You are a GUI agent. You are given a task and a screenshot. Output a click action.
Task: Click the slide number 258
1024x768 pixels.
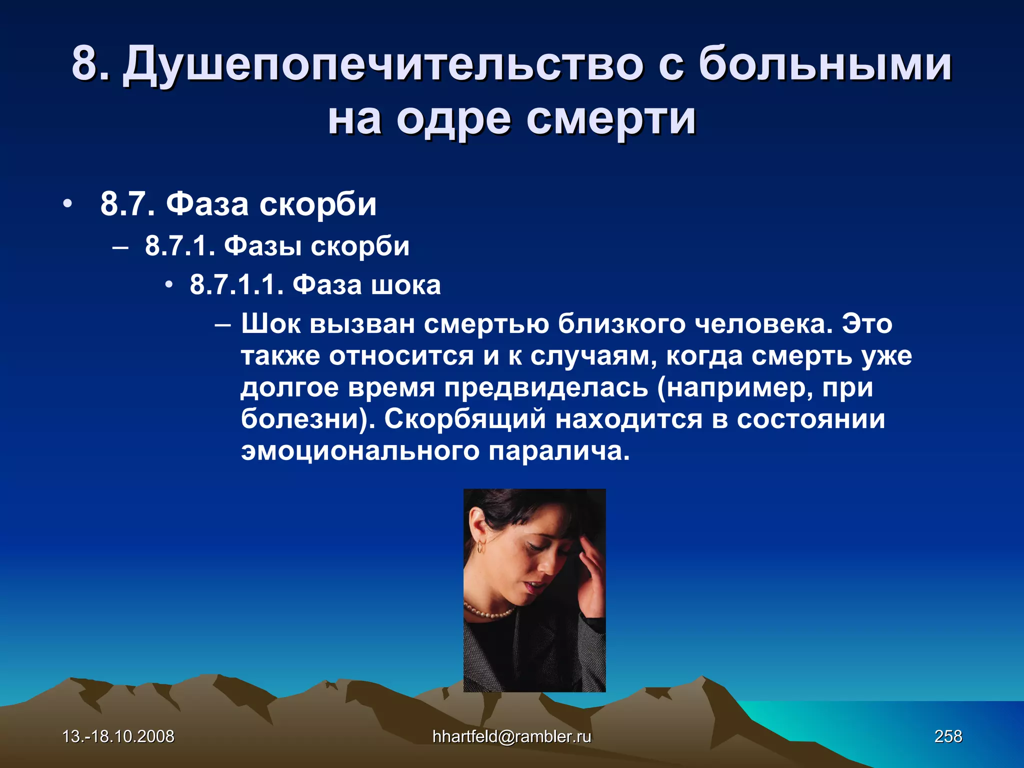pyautogui.click(x=948, y=736)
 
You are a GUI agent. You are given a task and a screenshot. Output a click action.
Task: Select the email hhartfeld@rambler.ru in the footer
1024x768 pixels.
pyautogui.click(x=511, y=736)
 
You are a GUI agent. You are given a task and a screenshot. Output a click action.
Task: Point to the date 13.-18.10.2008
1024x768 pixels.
pyautogui.click(x=118, y=736)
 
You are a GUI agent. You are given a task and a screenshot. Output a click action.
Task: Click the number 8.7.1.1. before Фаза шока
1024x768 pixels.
pyautogui.click(x=236, y=285)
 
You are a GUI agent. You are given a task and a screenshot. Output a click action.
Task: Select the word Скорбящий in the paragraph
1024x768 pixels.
pyautogui.click(x=464, y=419)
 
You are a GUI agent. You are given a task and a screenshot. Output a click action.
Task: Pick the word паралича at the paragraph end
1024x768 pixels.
pyautogui.click(x=558, y=451)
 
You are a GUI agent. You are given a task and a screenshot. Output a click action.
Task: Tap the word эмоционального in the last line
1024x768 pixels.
pyautogui.click(x=359, y=451)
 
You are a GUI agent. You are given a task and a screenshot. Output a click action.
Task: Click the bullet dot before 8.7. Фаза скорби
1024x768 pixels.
pyautogui.click(x=67, y=204)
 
